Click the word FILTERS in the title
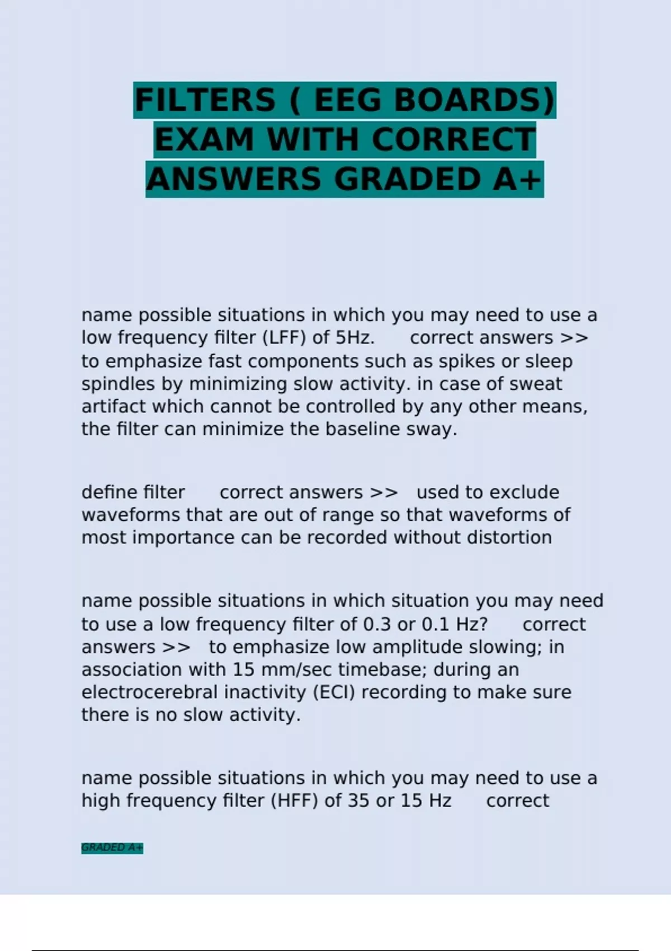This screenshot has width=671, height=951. [205, 100]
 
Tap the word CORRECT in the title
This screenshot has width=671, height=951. [453, 140]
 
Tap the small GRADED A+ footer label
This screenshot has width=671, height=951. [112, 848]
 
